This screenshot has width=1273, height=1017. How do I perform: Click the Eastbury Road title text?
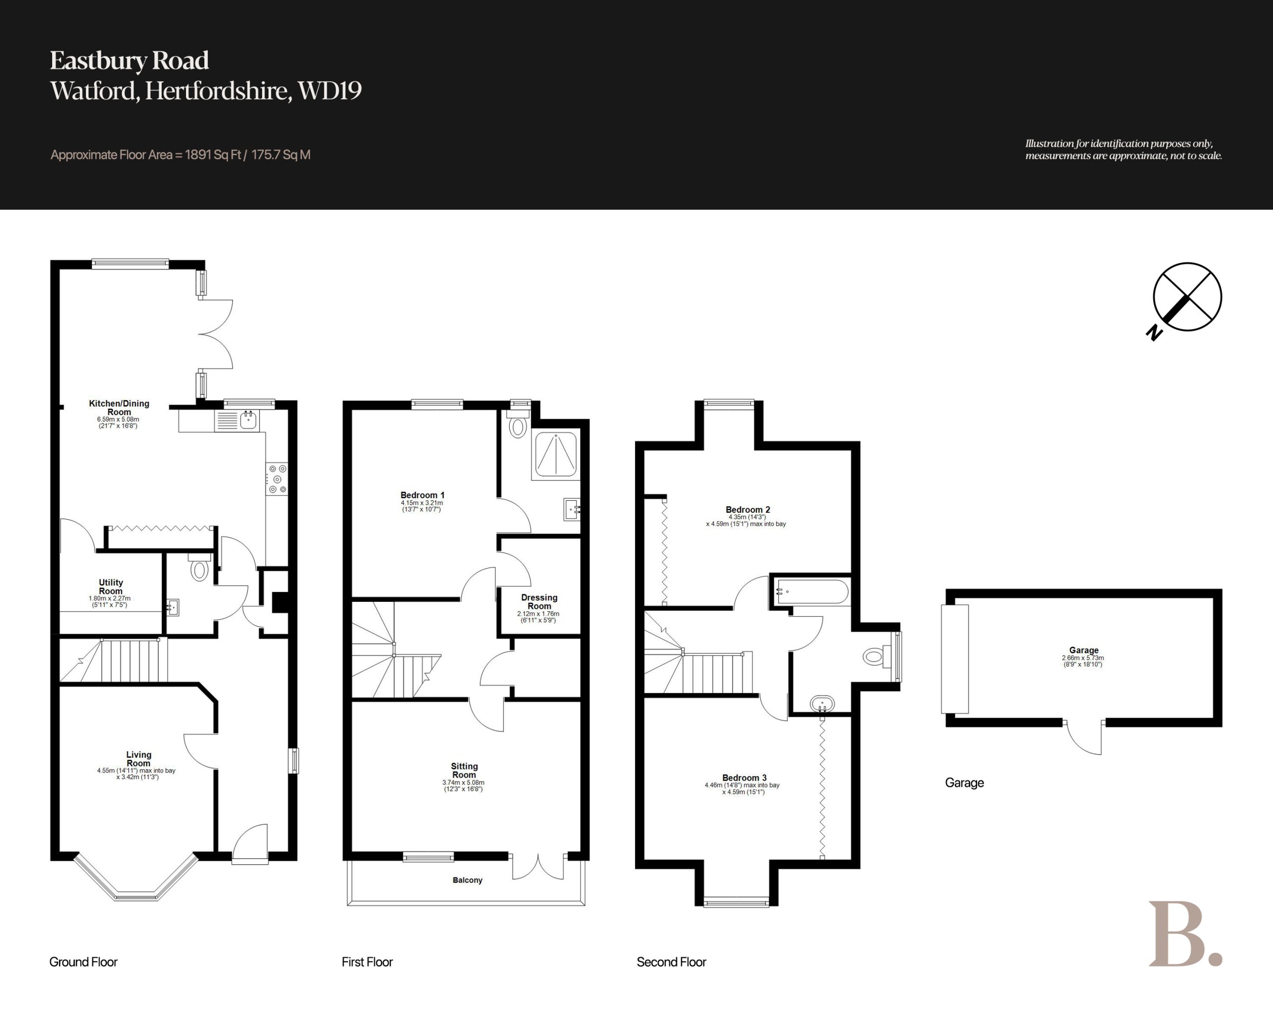(129, 61)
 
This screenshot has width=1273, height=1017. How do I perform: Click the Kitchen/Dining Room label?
(119, 408)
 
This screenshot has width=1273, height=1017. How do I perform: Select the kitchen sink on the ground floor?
(248, 421)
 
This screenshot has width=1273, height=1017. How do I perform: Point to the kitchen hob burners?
(277, 479)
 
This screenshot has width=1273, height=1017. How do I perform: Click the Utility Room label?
(111, 586)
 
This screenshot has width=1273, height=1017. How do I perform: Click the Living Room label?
(139, 759)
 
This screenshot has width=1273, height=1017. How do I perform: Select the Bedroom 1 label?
(422, 495)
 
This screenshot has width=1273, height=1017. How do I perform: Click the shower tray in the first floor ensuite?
(555, 454)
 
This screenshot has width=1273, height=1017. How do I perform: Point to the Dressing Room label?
(539, 601)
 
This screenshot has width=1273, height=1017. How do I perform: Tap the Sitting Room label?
(464, 771)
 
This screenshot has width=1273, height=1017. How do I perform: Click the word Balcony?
(467, 880)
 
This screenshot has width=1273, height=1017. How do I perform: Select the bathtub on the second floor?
(813, 591)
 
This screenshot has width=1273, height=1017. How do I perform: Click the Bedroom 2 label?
(747, 509)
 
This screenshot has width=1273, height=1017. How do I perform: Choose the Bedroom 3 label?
(744, 778)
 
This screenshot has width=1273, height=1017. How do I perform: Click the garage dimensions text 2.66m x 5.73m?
(1083, 658)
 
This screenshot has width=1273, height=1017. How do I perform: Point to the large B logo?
(1184, 934)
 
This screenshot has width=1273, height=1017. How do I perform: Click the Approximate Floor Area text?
(181, 155)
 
